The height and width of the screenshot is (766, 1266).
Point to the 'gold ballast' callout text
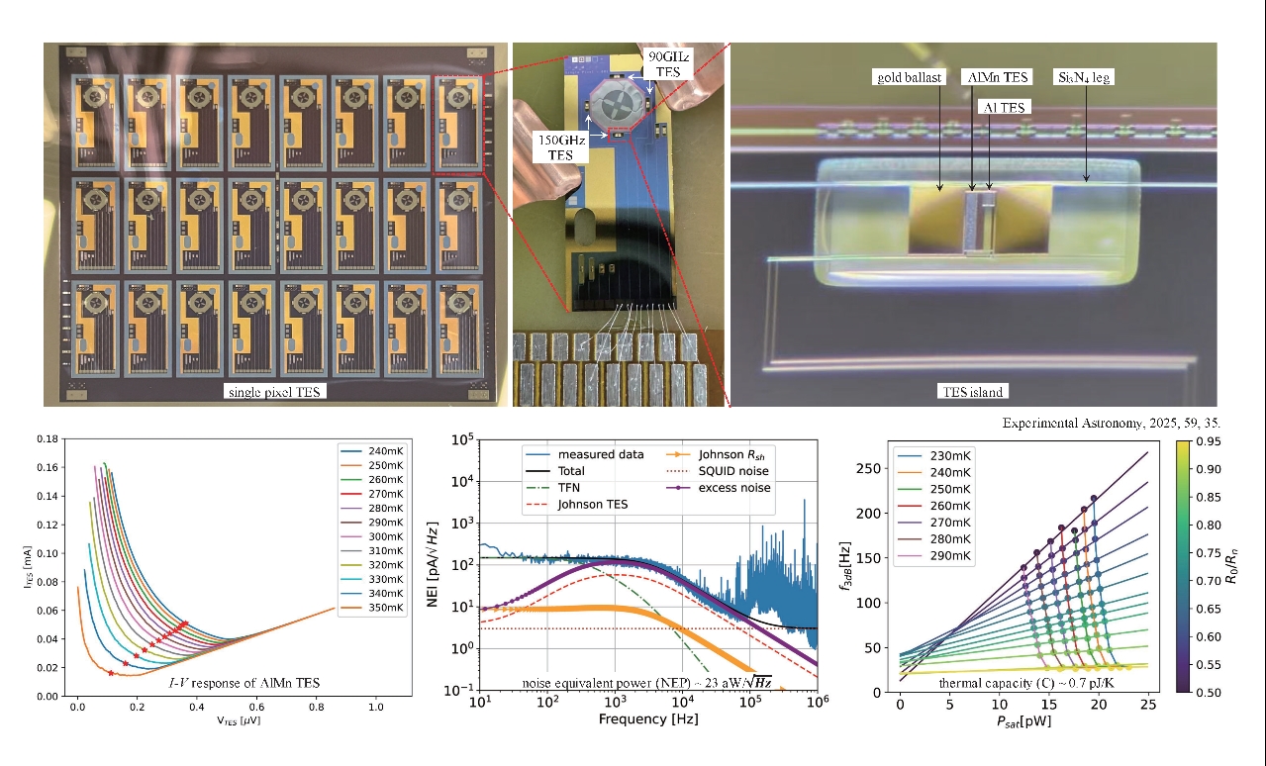(x=908, y=76)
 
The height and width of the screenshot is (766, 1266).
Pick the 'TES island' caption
(x=972, y=391)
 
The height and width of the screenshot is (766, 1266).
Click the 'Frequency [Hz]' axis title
(x=648, y=718)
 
